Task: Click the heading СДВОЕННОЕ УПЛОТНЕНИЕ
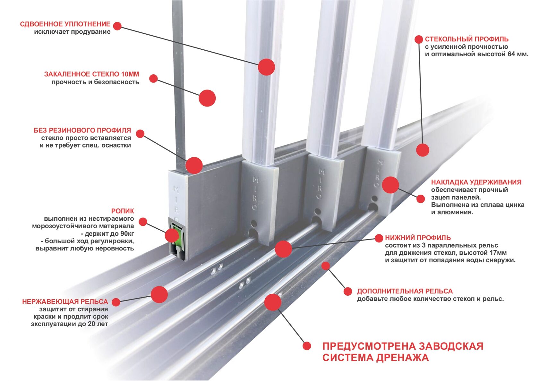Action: pyautogui.click(x=65, y=24)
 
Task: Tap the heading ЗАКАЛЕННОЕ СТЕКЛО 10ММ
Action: pyautogui.click(x=91, y=74)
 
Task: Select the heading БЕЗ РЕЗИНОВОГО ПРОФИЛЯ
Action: pyautogui.click(x=82, y=131)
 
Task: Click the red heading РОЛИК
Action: pyautogui.click(x=123, y=211)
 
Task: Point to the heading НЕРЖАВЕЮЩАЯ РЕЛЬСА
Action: pyautogui.click(x=65, y=302)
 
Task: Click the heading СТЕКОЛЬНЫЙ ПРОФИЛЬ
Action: pyautogui.click(x=466, y=39)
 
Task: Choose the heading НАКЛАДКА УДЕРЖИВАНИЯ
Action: pyautogui.click(x=476, y=182)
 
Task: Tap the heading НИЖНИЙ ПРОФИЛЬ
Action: pyautogui.click(x=418, y=238)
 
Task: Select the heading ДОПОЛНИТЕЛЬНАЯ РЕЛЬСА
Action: pyautogui.click(x=405, y=292)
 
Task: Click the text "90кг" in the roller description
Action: pyautogui.click(x=127, y=233)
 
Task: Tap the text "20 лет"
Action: pyautogui.click(x=98, y=324)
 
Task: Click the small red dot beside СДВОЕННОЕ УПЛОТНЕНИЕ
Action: pyautogui.click(x=117, y=26)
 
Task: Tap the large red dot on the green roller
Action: pyautogui.click(x=172, y=236)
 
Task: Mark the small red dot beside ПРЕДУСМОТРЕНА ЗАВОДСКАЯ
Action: pyautogui.click(x=307, y=346)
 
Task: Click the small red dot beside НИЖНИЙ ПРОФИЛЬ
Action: pyautogui.click(x=379, y=238)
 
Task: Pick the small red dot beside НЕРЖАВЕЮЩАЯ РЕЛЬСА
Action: pyautogui.click(x=116, y=302)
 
